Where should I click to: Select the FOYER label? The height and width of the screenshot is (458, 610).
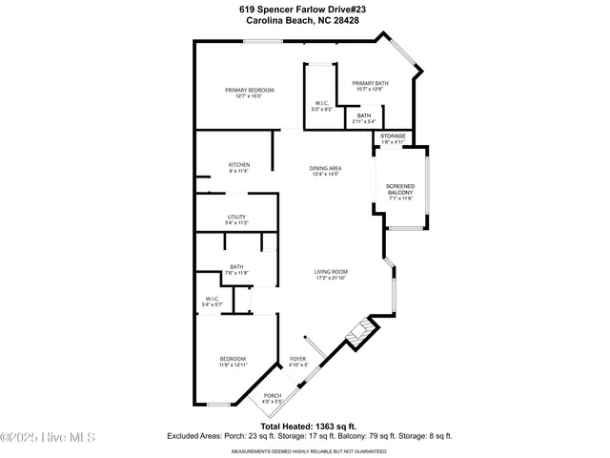298,361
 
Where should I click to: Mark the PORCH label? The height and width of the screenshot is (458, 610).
273,398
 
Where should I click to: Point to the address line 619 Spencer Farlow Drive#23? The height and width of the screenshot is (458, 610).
305,9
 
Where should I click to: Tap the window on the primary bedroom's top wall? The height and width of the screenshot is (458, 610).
262,41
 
